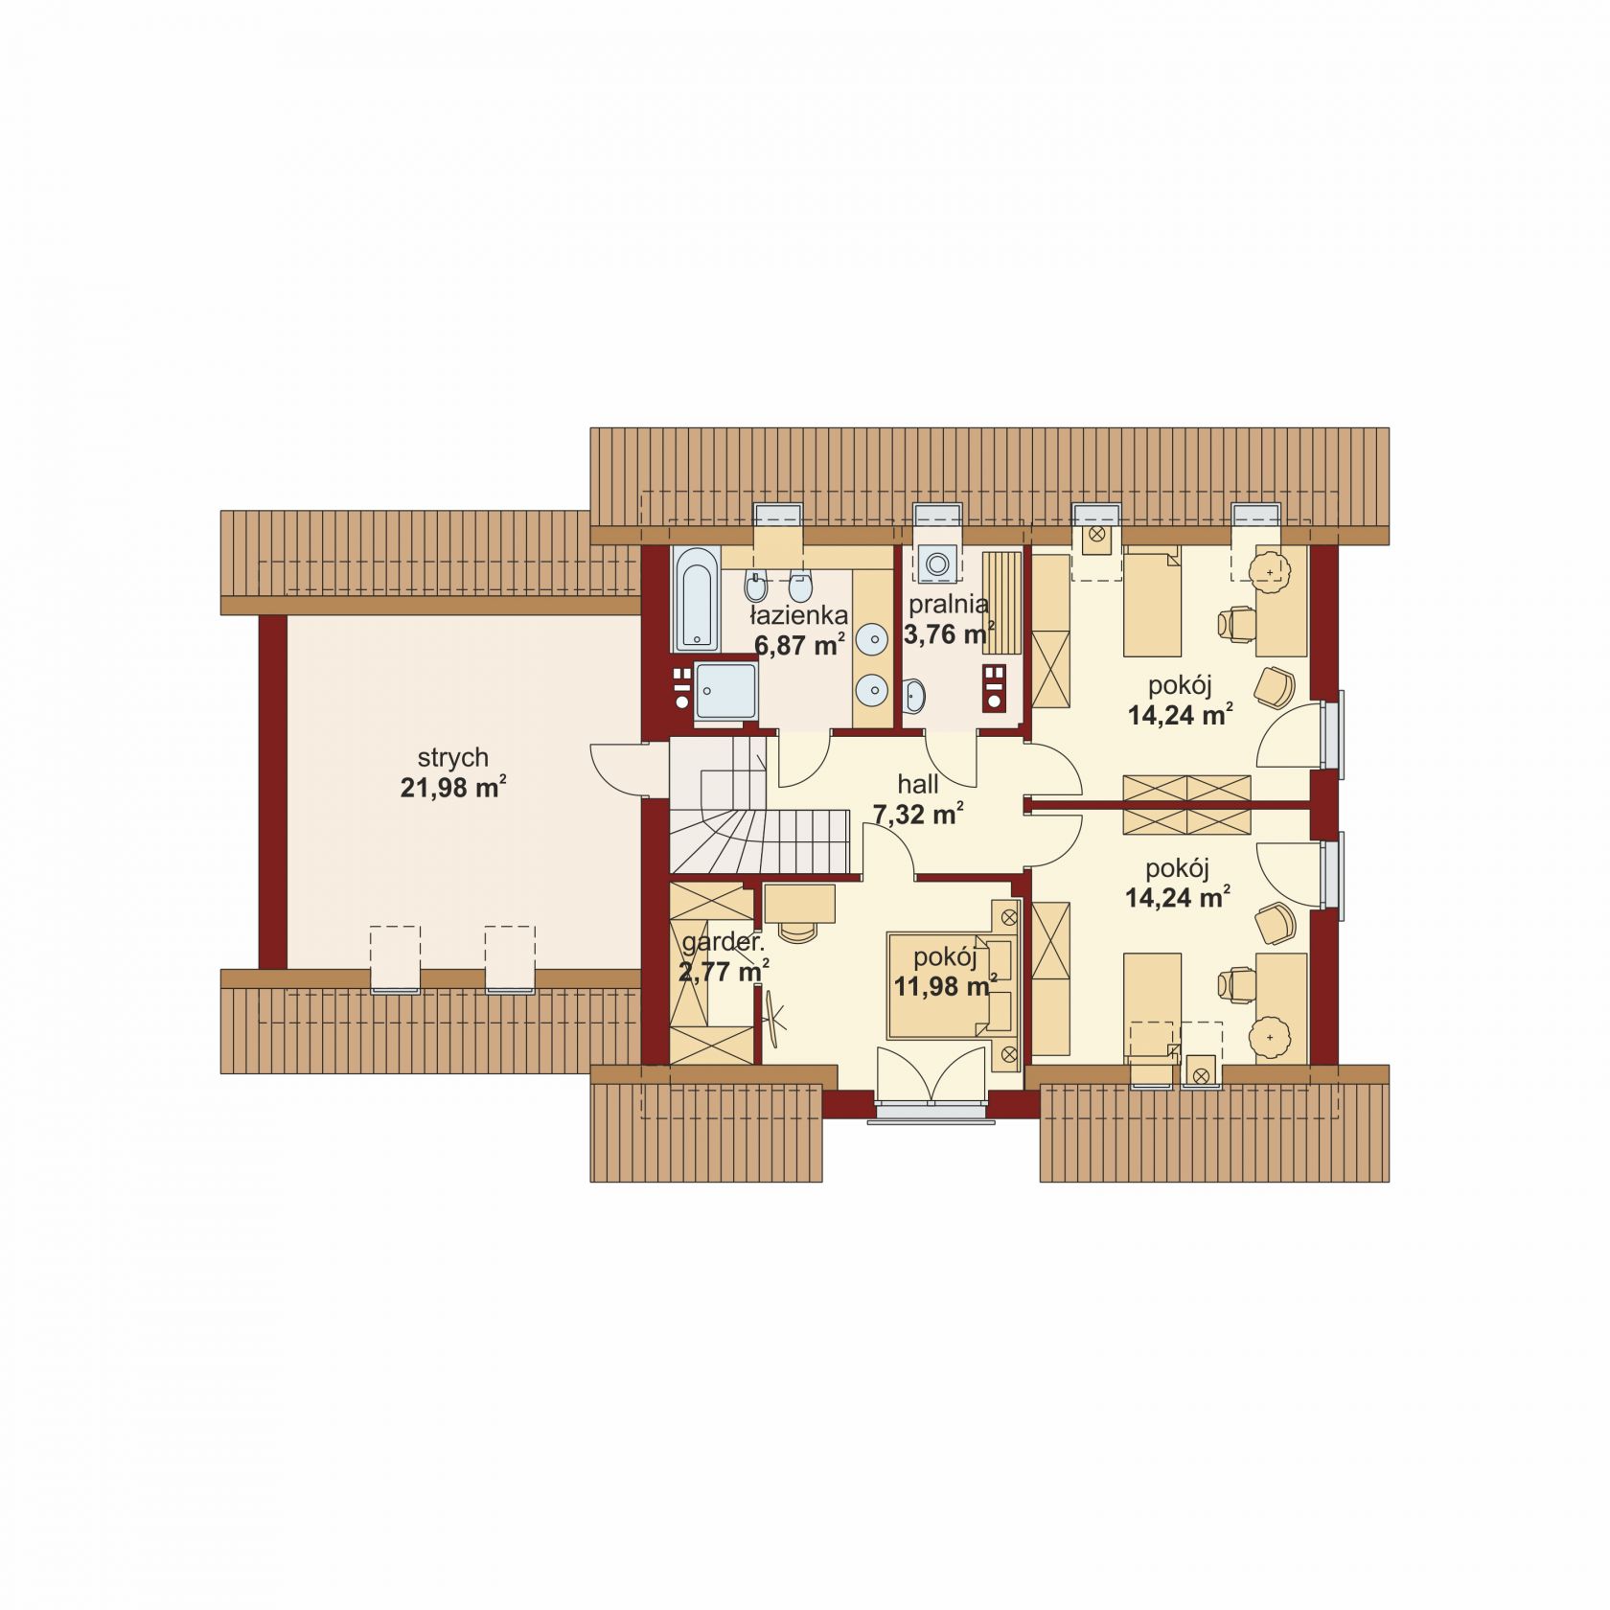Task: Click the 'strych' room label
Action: click(452, 757)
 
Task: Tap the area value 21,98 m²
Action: click(452, 788)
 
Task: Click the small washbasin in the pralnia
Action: click(914, 695)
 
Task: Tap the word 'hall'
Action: click(917, 784)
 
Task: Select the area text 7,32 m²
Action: click(917, 815)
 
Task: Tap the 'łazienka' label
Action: click(798, 614)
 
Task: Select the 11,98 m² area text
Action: click(944, 985)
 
